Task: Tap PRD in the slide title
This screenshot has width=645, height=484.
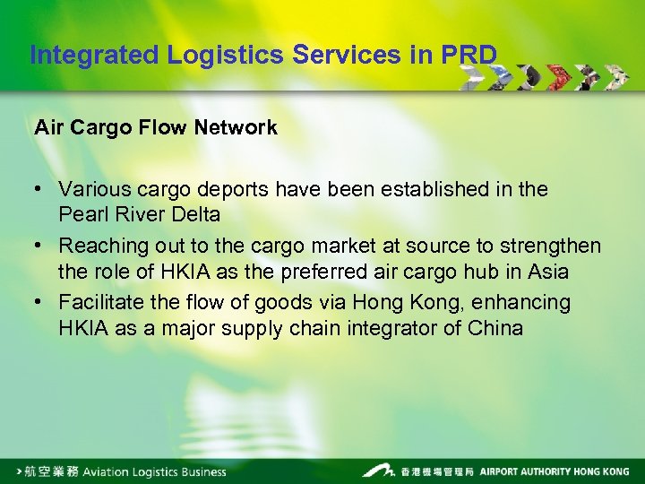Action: click(x=469, y=56)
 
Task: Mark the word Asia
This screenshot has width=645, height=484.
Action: click(x=546, y=271)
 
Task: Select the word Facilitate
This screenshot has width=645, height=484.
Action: click(x=100, y=302)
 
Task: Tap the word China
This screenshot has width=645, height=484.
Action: click(x=495, y=327)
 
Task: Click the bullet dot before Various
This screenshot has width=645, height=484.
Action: click(x=40, y=190)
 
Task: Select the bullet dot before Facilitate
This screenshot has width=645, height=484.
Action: click(x=40, y=302)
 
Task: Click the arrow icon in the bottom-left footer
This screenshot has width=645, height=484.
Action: click(x=21, y=471)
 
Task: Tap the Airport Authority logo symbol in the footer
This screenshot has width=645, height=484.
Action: click(x=378, y=470)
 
